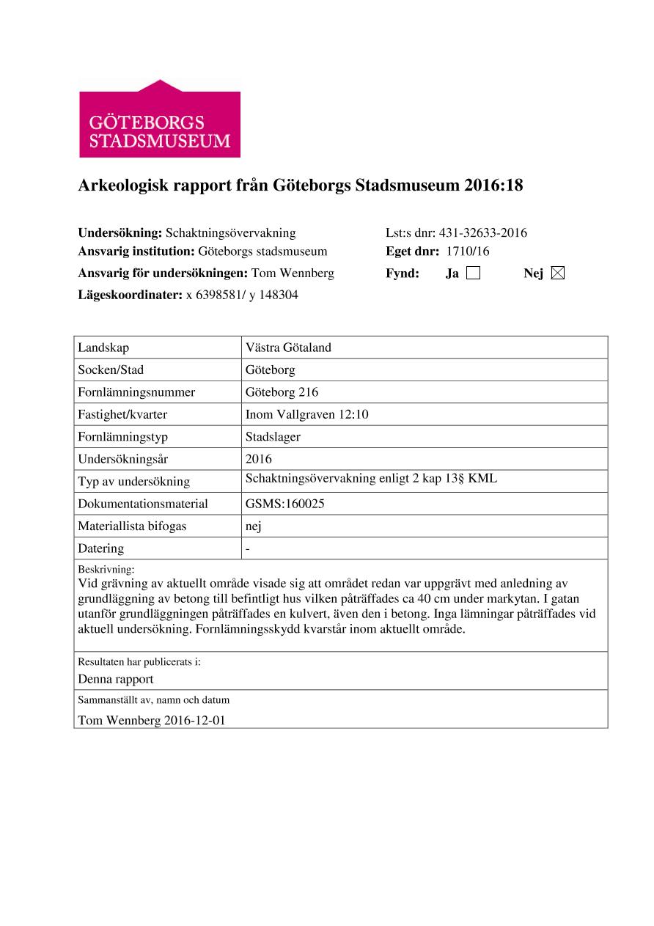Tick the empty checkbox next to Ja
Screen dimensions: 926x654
click(473, 273)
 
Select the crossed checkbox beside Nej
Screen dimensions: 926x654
click(557, 273)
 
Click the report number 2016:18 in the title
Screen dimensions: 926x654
click(493, 186)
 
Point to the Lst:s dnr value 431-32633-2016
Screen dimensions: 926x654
click(482, 233)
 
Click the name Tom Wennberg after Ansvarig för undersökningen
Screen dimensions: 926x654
click(293, 273)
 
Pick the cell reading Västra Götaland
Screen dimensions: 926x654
click(288, 348)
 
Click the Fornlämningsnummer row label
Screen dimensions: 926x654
click(136, 392)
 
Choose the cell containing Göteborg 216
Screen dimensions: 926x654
click(282, 392)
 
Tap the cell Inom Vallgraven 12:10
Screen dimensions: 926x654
click(306, 414)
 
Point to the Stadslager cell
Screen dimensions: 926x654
click(273, 437)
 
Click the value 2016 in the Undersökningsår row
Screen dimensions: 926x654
click(259, 459)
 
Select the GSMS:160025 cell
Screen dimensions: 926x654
click(285, 504)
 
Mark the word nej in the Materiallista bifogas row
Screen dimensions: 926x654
click(254, 526)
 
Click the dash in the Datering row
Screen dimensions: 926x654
click(248, 548)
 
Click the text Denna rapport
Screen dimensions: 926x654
click(116, 679)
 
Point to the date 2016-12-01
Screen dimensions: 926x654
click(194, 720)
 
